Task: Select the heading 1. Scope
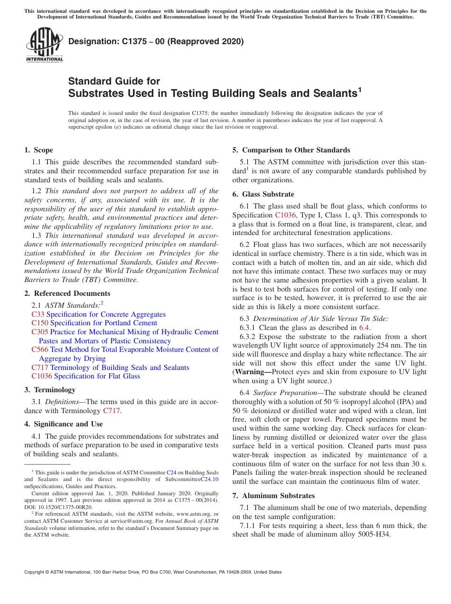(39, 151)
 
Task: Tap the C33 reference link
(38, 314)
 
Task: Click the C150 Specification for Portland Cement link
(94, 323)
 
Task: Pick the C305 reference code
(39, 332)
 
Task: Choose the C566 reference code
(39, 349)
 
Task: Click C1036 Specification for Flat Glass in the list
(85, 376)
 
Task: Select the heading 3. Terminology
(50, 390)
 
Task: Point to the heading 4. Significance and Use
(64, 424)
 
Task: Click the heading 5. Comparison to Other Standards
(291, 150)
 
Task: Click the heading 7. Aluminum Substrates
(273, 496)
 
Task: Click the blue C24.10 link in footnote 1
(209, 480)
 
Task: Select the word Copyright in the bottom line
(35, 572)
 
